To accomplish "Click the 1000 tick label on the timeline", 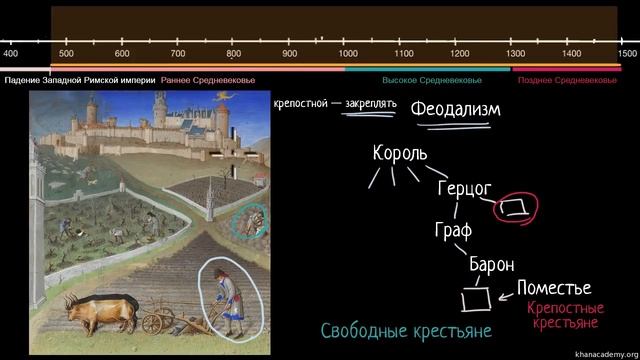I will (349, 53).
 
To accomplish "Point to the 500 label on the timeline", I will (66, 53).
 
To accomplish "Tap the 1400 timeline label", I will (571, 53).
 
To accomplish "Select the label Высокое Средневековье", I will (432, 80).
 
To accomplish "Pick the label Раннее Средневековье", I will (208, 80).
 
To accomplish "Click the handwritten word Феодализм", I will (455, 109).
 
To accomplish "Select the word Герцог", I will (466, 188).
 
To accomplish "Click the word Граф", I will (452, 229).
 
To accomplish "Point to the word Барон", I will (491, 265).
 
